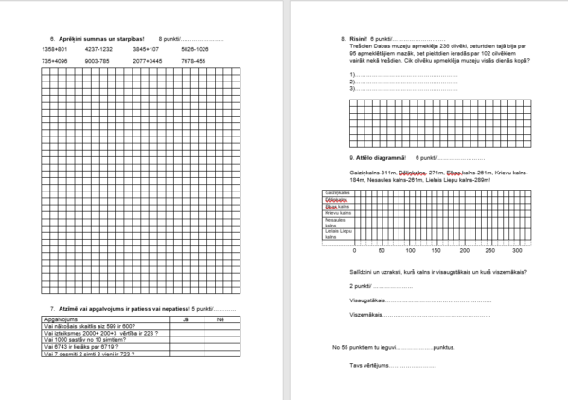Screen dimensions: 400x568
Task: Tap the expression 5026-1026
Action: coord(195,47)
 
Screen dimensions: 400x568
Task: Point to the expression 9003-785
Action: coord(98,59)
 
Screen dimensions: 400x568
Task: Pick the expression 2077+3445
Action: coord(147,59)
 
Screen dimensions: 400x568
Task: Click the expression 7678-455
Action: coord(194,59)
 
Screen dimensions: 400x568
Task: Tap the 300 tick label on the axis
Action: coord(517,251)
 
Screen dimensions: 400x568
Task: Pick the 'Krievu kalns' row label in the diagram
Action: coord(337,213)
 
